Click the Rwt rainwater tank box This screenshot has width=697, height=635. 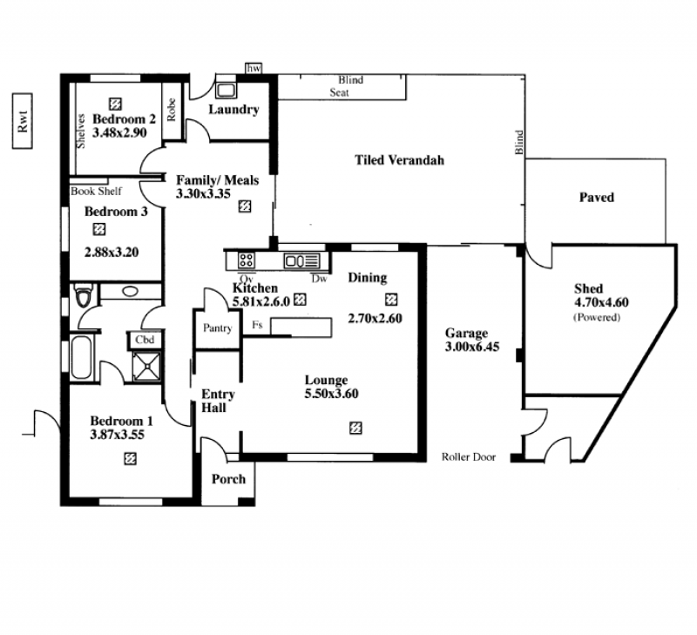pos(23,121)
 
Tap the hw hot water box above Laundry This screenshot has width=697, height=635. pos(254,69)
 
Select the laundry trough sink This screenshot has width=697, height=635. pos(226,90)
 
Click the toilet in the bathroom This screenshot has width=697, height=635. pos(84,296)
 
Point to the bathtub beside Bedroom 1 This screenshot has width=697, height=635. pos(81,357)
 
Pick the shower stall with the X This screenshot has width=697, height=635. pos(146,366)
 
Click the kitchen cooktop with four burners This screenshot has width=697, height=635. pos(246,260)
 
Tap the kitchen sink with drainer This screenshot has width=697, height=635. pos(301,260)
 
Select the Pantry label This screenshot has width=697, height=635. pos(217,328)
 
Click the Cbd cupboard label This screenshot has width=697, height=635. pos(145,340)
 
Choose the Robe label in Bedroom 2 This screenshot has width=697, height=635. pos(171,109)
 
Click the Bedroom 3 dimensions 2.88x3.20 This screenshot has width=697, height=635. pos(112,253)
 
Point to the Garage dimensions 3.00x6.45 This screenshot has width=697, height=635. pos(472,347)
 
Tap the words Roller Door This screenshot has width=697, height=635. pos(469,456)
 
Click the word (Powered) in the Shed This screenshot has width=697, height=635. pos(597,317)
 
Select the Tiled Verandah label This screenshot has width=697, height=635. pos(399,160)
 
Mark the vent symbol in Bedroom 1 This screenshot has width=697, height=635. pos(130,458)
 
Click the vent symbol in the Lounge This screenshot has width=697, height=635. pos(355,428)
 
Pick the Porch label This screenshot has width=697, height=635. pos(228,479)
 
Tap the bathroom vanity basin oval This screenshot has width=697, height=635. pos(130,292)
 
